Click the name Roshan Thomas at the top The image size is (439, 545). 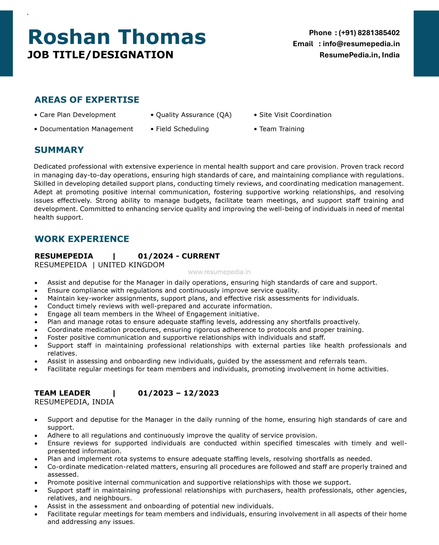point(117,37)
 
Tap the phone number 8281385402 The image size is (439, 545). point(379,33)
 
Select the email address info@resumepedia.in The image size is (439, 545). point(361,44)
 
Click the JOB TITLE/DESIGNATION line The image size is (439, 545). point(100,55)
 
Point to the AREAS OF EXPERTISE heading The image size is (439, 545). point(87,100)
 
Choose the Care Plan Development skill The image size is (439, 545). point(77,115)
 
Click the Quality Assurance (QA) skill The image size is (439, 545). point(194,115)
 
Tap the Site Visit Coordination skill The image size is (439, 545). point(295,115)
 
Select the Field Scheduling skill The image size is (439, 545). point(182,129)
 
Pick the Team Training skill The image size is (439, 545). point(281,129)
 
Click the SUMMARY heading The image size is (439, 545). point(59,150)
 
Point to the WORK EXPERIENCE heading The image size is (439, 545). point(82,239)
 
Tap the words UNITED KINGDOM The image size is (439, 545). point(131,265)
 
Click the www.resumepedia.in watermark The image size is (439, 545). point(219,272)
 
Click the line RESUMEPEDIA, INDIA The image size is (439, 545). point(74,402)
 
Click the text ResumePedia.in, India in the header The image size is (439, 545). point(359,55)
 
